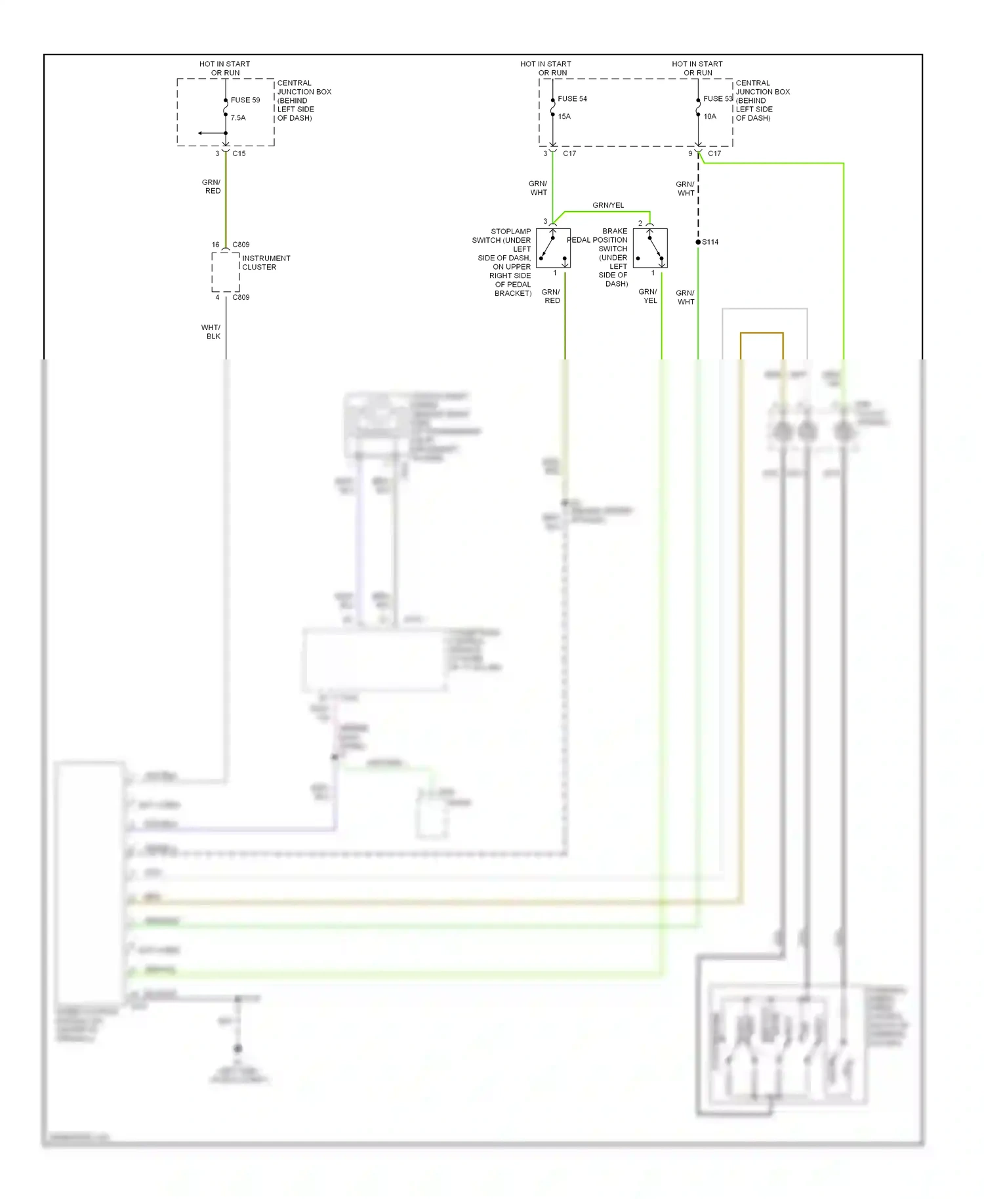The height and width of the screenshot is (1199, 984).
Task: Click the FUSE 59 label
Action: coord(245,100)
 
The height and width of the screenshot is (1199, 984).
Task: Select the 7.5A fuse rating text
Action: coord(237,118)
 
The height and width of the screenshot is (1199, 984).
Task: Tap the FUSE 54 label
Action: coord(572,99)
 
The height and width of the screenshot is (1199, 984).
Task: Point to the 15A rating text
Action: coord(564,117)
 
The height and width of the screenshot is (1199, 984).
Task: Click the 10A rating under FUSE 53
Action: coord(710,117)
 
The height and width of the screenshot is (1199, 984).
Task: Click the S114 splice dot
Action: coord(698,242)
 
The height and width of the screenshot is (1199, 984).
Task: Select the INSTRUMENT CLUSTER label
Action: coord(265,262)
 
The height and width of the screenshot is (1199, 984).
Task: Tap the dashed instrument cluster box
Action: coord(225,272)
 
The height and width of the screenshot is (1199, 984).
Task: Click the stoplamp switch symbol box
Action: coord(553,248)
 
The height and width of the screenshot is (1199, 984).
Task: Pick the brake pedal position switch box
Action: coord(650,248)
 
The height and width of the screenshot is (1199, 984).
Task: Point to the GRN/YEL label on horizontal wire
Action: coord(608,205)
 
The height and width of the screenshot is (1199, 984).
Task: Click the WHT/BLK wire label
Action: coord(211,332)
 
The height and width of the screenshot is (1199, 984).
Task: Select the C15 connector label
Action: coord(239,153)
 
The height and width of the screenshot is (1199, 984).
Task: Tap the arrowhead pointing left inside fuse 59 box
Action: coord(201,133)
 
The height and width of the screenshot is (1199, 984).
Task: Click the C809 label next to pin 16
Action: coord(241,245)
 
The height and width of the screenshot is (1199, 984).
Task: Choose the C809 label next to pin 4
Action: coord(241,297)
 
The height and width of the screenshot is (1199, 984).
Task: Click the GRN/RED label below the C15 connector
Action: coord(211,187)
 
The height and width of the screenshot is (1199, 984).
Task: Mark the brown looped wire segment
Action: coord(762,333)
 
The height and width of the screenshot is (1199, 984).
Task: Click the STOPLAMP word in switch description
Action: coord(510,232)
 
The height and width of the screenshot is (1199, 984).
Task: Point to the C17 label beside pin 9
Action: coord(714,153)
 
